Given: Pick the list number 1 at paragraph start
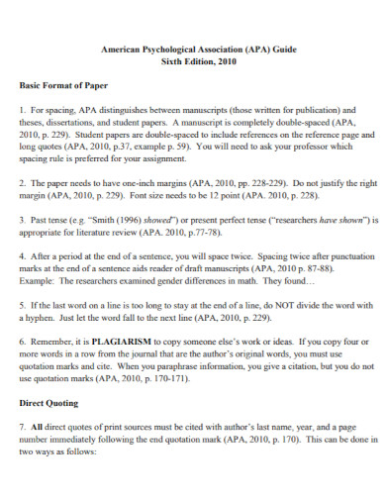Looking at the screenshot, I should (x=23, y=111).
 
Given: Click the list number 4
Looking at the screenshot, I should (x=23, y=254).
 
